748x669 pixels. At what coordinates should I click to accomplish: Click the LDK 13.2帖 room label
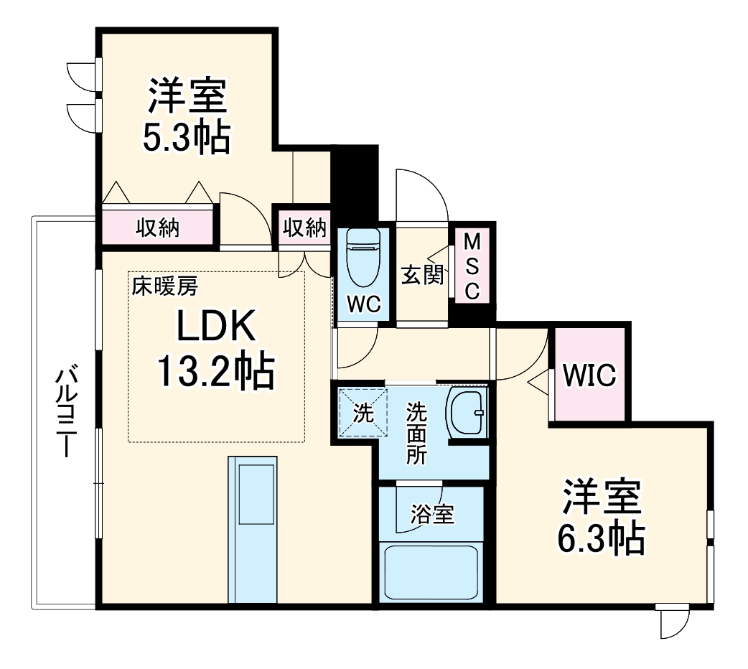[215, 350]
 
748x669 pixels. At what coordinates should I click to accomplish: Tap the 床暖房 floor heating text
[163, 286]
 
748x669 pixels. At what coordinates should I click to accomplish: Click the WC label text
[364, 304]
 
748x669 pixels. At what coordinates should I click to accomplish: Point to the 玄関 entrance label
[421, 274]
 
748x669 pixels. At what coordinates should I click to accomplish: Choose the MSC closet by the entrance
[472, 266]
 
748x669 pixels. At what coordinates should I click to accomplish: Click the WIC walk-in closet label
[589, 375]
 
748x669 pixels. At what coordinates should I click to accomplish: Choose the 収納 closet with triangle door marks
[159, 228]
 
